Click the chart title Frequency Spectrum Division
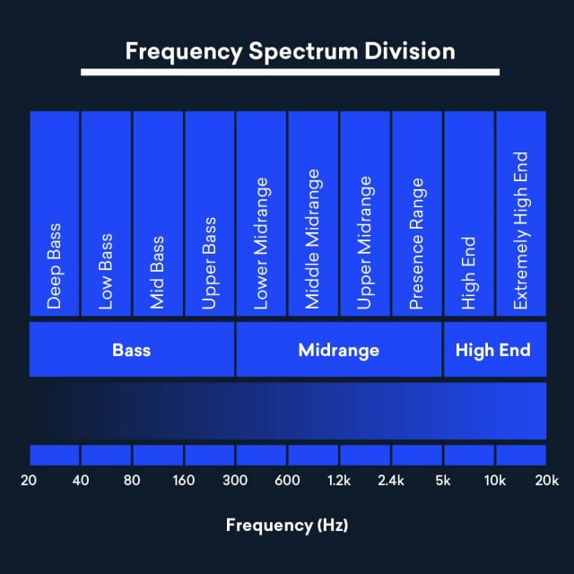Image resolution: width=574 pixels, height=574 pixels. click(290, 50)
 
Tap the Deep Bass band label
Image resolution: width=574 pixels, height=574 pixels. click(55, 266)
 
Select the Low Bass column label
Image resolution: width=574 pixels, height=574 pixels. click(107, 272)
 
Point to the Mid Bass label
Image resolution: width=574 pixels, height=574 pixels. click(158, 273)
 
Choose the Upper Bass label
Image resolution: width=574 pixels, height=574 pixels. click(210, 264)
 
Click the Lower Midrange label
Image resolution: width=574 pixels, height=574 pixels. click(262, 243)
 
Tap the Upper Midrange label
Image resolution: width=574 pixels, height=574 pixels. click(365, 243)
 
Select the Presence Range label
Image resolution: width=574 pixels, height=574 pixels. click(416, 243)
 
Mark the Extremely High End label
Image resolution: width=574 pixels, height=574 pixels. click(520, 230)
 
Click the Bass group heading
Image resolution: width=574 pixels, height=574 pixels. click(131, 350)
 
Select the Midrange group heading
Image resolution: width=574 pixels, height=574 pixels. click(338, 350)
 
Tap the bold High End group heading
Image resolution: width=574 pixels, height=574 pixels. click(493, 350)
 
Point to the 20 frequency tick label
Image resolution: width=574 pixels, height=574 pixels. click(29, 481)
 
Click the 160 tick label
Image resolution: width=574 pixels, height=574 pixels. click(184, 481)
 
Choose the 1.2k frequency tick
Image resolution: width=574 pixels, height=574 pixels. click(339, 481)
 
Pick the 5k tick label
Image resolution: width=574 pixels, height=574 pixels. click(442, 481)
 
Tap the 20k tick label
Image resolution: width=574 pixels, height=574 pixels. click(545, 481)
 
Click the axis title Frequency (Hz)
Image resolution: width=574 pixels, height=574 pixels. click(287, 525)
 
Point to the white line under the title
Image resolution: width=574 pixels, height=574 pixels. click(290, 72)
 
